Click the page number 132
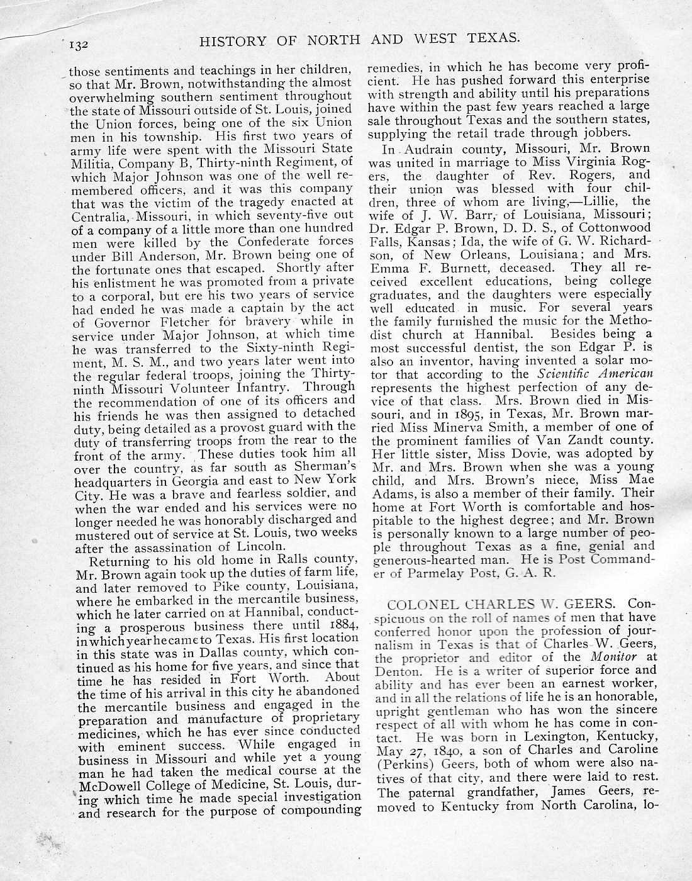click(82, 45)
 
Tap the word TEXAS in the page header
click(488, 39)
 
